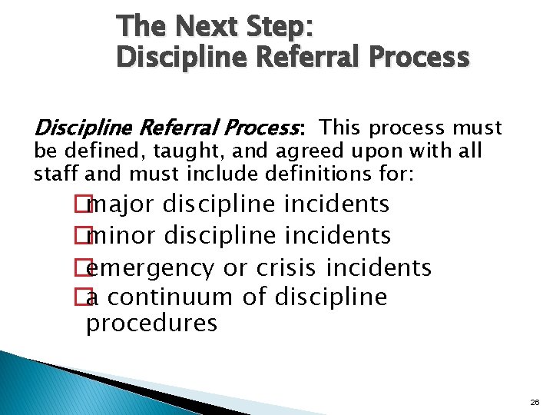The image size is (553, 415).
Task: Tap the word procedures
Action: coord(151,324)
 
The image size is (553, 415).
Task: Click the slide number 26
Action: coord(534,402)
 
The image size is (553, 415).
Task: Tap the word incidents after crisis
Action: coord(379,267)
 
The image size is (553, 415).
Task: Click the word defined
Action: coord(88,151)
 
